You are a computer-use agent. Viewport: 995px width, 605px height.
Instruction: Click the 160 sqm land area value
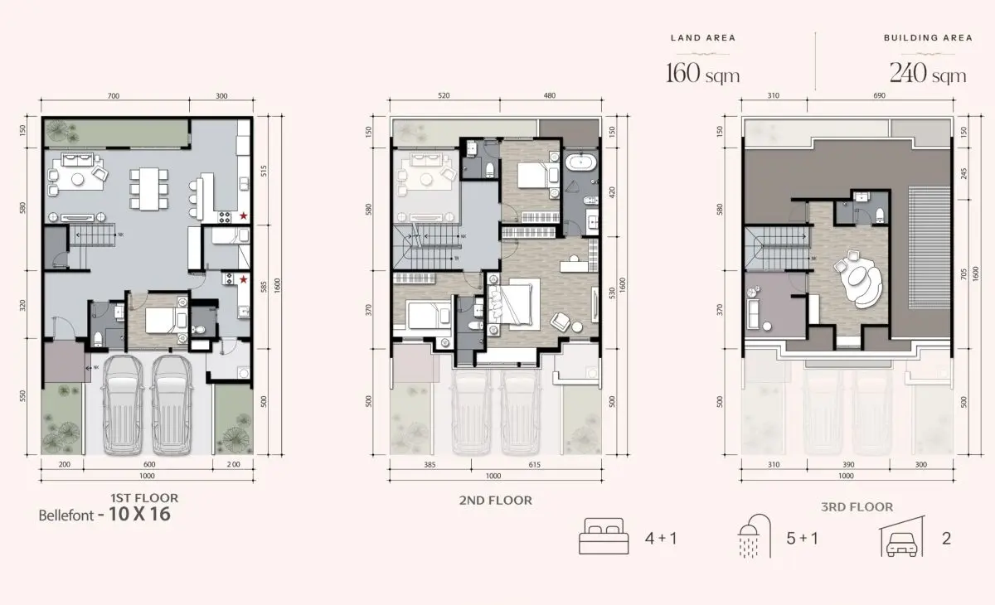click(x=703, y=74)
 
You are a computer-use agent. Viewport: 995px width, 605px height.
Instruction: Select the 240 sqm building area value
click(x=928, y=74)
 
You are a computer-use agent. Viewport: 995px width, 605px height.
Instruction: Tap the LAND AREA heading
click(x=703, y=38)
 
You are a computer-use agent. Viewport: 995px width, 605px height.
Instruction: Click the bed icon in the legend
click(x=603, y=538)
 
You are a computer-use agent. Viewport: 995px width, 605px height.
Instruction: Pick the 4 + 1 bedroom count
click(x=661, y=539)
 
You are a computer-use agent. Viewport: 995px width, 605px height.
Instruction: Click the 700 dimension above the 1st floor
click(x=114, y=97)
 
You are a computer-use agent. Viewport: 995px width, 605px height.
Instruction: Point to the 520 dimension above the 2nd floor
click(x=444, y=97)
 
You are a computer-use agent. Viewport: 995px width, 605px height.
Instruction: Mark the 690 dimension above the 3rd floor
click(x=879, y=97)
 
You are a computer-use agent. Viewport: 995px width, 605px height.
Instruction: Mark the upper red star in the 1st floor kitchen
click(x=244, y=215)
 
